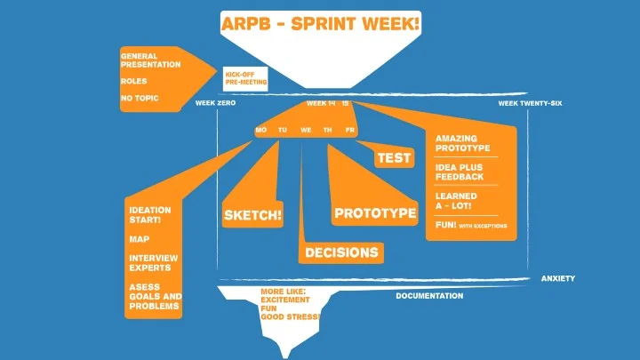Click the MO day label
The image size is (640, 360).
pos(260,130)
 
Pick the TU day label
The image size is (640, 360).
pos(283,130)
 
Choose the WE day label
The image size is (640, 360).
pos(306,130)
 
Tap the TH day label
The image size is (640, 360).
pos(328,130)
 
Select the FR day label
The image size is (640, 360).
pos(350,130)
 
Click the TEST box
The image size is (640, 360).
pos(394,158)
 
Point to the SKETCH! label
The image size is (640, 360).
pos(253,215)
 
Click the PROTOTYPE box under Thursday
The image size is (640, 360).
pos(375,213)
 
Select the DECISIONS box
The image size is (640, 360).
pos(341,253)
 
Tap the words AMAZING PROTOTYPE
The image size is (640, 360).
pos(459,142)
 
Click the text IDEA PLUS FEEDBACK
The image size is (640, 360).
pos(460,172)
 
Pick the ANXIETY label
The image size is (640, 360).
pos(558,278)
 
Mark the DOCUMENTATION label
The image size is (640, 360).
pos(429,296)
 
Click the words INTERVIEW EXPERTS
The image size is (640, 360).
pos(153,261)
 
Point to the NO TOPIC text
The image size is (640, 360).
pos(140,98)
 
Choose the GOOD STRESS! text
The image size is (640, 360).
pos(291,316)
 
